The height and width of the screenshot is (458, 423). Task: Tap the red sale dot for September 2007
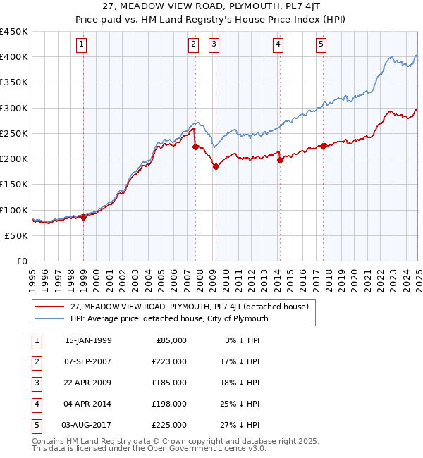195,147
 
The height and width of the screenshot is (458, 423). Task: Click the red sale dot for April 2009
216,166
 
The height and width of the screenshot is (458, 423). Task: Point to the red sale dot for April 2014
280,160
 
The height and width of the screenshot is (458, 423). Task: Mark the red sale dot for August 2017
323,146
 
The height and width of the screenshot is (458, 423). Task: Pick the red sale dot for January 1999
84,217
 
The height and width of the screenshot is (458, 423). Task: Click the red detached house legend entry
189,307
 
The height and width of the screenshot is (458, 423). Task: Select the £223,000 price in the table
169,361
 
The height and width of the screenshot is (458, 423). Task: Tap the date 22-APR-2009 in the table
87,383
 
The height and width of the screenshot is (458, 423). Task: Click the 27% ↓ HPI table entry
242,425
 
